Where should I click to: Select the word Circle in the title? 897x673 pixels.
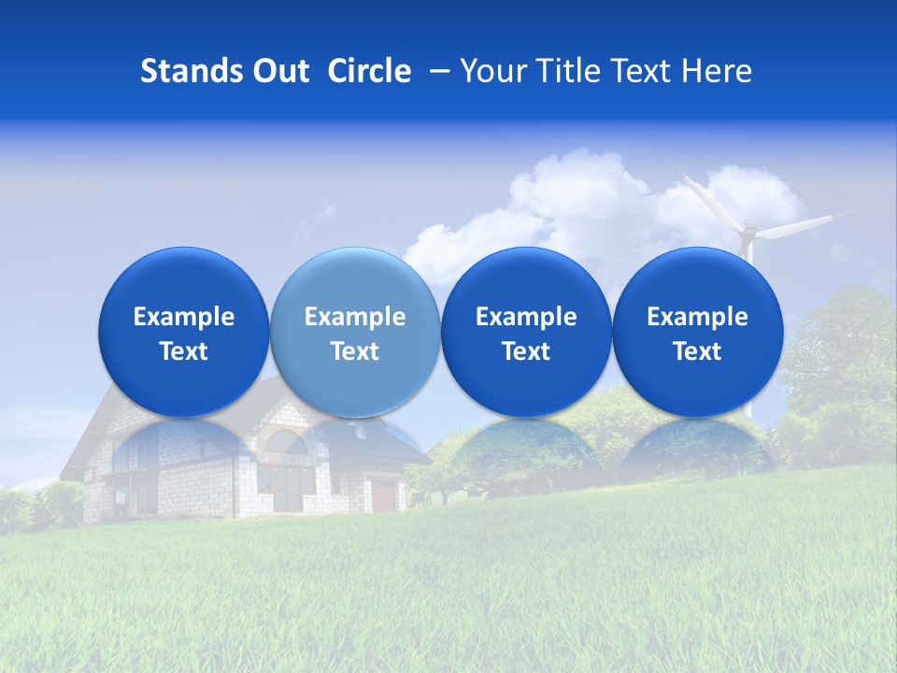pos(369,71)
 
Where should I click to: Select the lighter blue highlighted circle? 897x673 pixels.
pos(355,332)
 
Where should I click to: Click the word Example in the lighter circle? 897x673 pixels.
pos(355,317)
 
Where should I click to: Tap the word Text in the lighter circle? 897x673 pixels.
pos(355,351)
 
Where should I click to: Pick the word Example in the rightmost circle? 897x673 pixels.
pos(697,317)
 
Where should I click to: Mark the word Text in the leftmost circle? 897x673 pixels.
pos(184,351)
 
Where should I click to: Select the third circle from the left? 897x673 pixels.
pos(526,332)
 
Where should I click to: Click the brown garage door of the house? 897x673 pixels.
pos(383,494)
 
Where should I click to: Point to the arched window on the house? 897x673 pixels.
pos(295,447)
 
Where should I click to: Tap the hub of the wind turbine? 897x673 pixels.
pos(747,231)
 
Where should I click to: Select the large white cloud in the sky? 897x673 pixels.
pos(570,201)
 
